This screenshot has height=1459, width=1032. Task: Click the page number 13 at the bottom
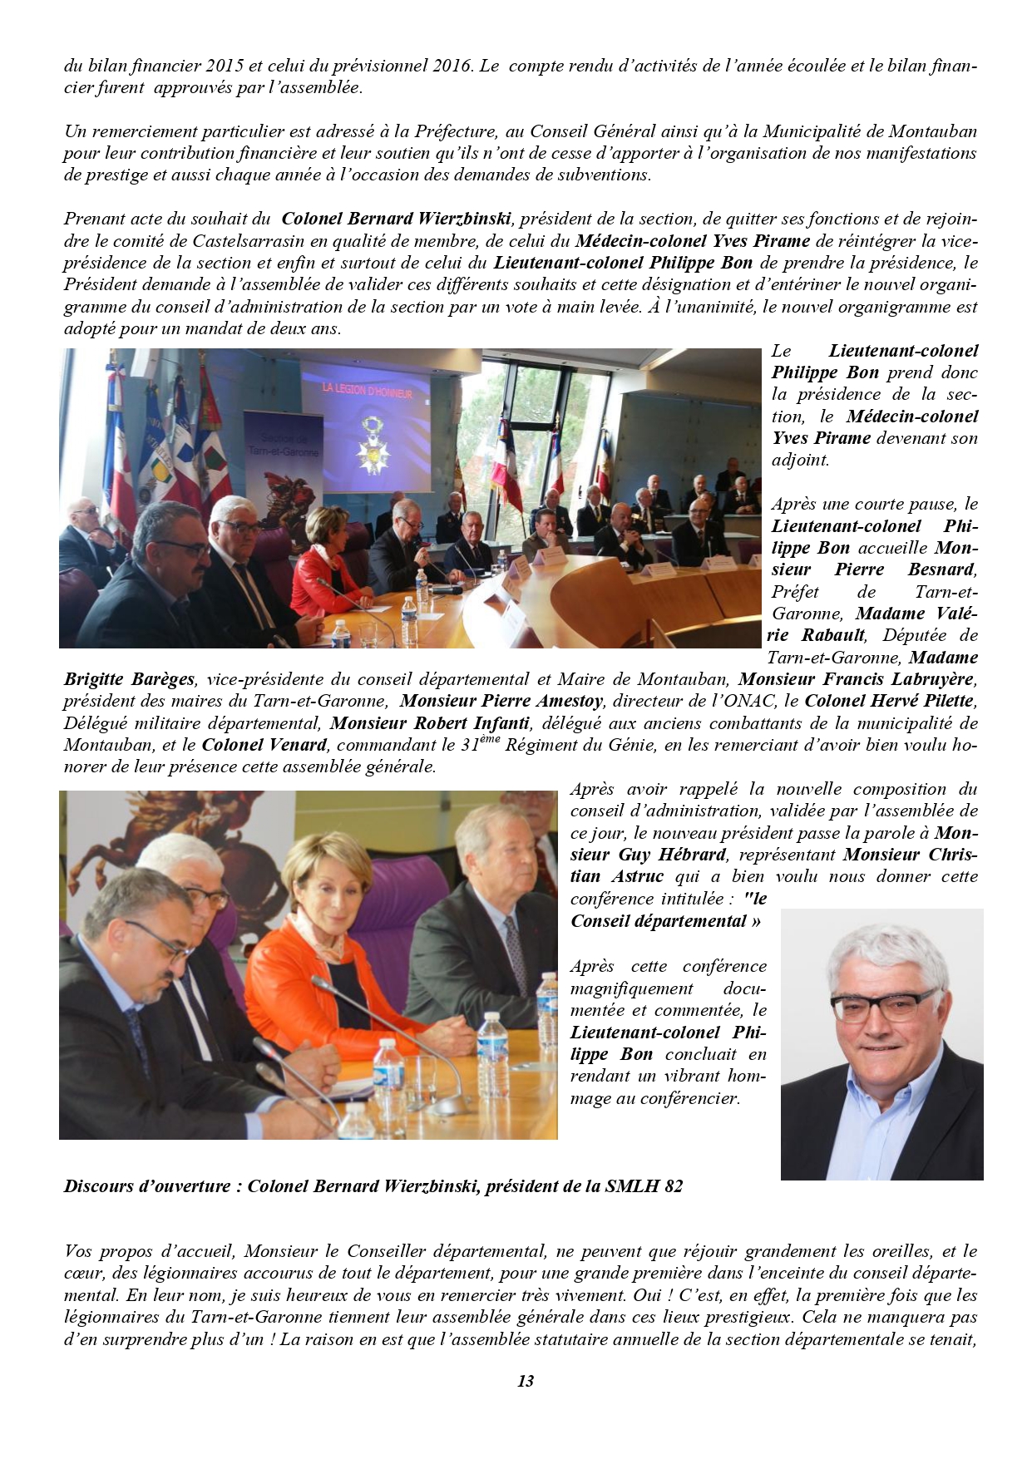click(x=525, y=1381)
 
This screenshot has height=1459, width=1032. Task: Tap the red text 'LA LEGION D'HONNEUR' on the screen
click(x=367, y=390)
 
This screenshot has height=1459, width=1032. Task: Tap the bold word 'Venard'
click(x=298, y=745)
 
